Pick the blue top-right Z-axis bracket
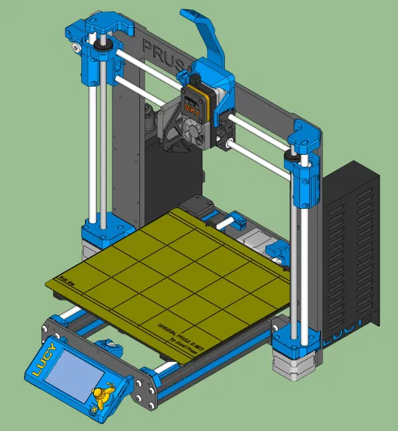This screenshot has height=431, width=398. [304, 141]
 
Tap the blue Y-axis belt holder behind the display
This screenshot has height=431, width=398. [108, 345]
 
